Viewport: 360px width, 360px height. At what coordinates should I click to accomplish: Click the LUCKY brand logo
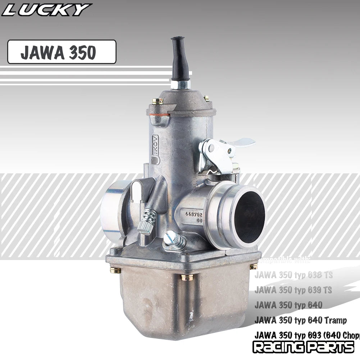click(46, 10)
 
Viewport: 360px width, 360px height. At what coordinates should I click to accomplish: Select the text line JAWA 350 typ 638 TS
click(293, 275)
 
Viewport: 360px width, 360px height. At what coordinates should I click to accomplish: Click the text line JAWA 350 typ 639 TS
click(293, 290)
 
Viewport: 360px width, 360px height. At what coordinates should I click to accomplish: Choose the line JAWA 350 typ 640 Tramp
click(301, 320)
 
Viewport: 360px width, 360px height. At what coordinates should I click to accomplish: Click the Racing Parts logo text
click(303, 347)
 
